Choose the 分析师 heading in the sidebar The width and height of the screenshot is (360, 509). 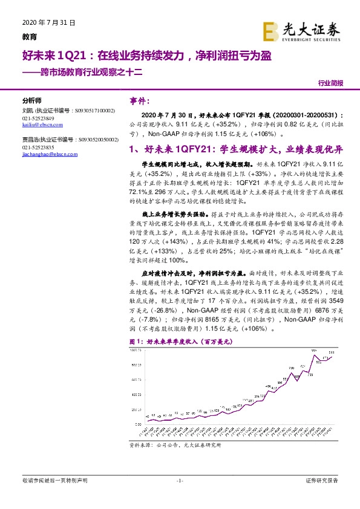coord(31,100)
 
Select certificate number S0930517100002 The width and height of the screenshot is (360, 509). coord(96,111)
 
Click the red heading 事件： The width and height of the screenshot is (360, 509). coord(144,101)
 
